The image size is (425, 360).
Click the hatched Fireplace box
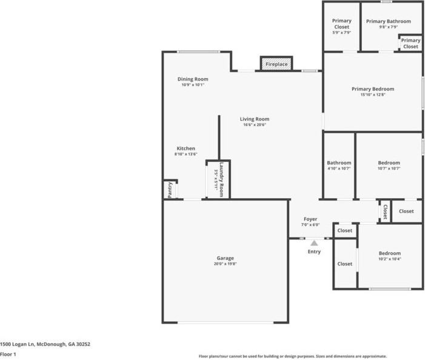tap(276, 64)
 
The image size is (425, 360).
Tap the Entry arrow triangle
tap(314, 242)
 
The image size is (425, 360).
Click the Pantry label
tap(170, 190)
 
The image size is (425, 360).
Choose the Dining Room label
tap(193, 79)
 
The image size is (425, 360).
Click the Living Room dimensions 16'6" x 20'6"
tap(255, 125)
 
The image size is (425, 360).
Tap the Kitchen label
tap(186, 148)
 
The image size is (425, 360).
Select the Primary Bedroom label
tap(373, 89)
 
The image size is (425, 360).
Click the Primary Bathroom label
tap(388, 21)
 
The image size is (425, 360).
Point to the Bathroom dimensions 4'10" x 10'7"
tap(339, 168)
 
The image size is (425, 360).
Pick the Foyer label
tap(310, 219)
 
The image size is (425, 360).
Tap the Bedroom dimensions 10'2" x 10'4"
tap(389, 259)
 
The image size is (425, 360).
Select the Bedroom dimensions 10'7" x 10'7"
tap(389, 168)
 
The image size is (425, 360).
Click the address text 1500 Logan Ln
tap(45, 344)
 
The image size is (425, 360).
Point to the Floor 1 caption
tap(8, 355)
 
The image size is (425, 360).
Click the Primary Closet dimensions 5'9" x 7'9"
tap(341, 32)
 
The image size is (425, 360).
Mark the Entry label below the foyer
tap(314, 252)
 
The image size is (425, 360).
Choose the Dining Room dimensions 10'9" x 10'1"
tap(193, 85)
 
